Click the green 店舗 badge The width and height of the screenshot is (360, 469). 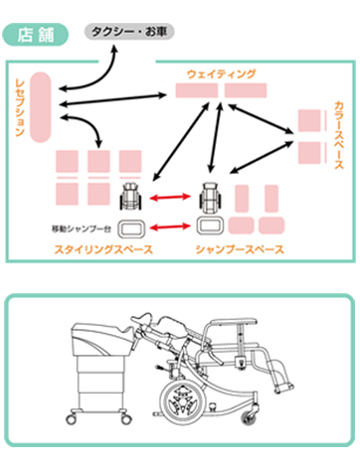click(36, 35)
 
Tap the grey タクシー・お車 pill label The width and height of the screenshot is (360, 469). click(129, 32)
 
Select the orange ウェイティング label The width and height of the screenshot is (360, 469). click(222, 74)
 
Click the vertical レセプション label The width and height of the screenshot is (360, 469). click(20, 107)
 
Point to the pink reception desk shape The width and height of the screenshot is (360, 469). click(41, 107)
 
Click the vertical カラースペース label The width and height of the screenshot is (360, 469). click(339, 135)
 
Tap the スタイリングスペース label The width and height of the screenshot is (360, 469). click(103, 249)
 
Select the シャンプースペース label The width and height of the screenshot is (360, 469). click(240, 249)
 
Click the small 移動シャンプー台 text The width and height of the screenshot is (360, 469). click(82, 229)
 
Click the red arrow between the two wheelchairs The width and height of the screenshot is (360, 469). click(170, 198)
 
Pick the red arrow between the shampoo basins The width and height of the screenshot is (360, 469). click(170, 227)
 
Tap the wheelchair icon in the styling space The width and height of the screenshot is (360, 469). click(130, 196)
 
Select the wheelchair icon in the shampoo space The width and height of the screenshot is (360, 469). click(210, 196)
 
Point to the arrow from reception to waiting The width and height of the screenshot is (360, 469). click(112, 100)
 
